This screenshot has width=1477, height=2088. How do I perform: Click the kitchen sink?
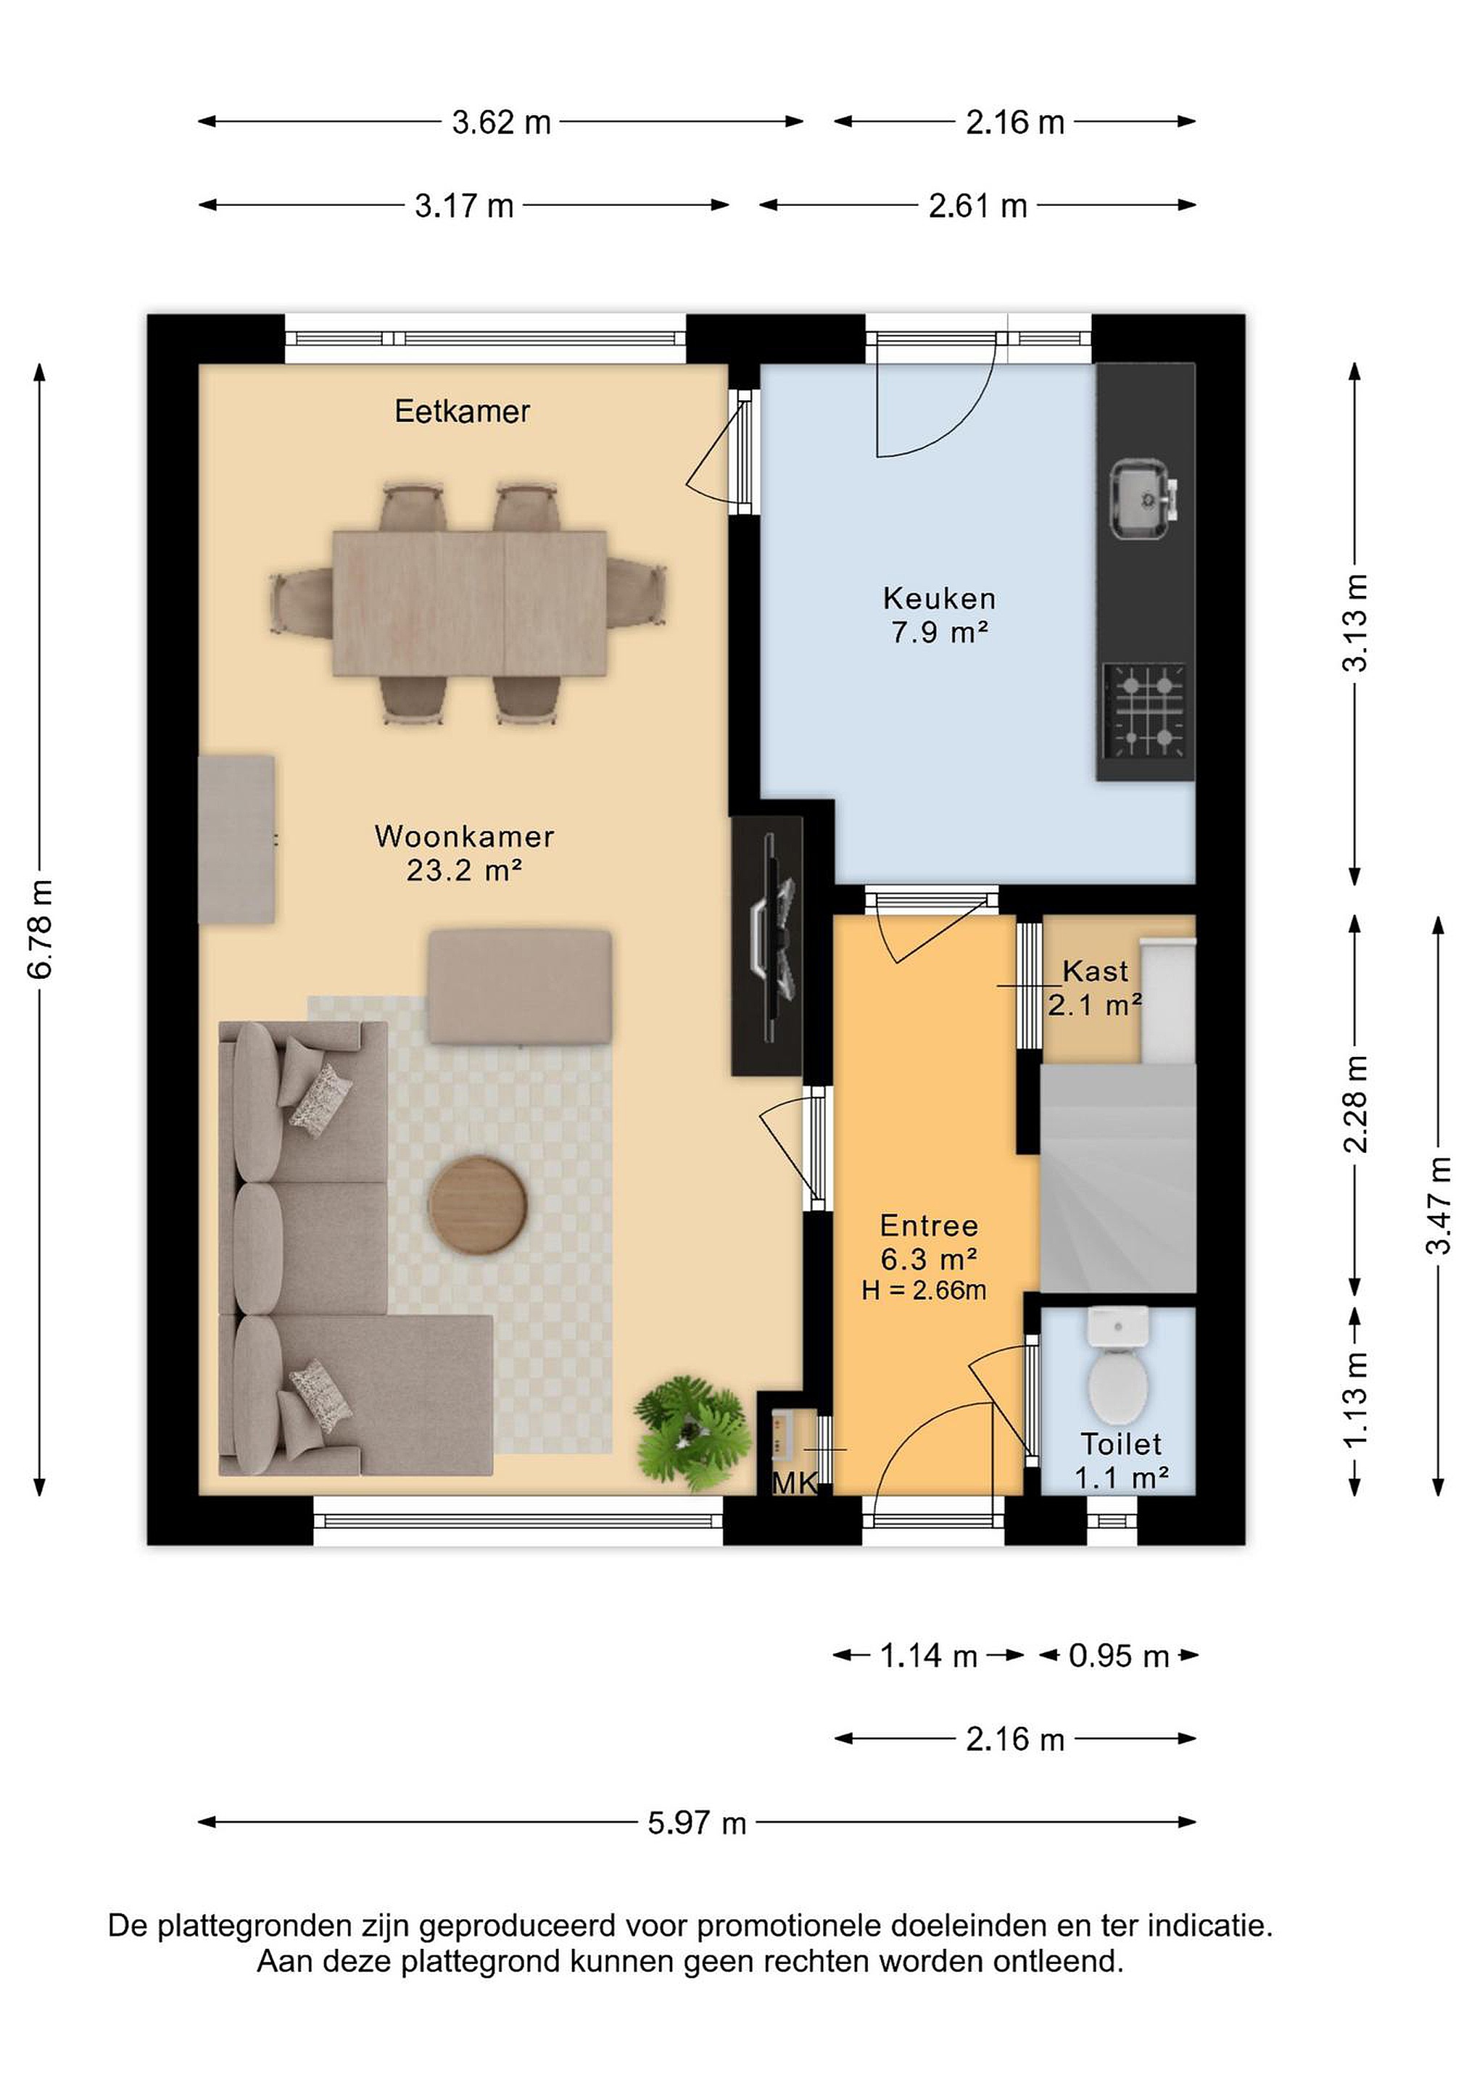1144,500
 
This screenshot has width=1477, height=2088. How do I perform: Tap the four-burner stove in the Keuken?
1145,710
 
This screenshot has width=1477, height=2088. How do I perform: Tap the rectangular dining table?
469,604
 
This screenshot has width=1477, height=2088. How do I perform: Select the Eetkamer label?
462,412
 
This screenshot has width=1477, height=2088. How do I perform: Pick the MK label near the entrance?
794,1483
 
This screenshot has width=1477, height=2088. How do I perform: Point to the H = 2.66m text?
924,1290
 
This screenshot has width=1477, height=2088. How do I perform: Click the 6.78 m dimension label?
41,929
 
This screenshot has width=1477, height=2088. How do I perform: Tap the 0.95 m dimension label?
1119,1656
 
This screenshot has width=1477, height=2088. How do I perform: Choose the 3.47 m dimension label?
1439,1205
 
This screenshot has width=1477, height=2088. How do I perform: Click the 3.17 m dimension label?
464,205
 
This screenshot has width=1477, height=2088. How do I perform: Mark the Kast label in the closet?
1095,971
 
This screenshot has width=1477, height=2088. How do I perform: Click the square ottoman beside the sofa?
520,987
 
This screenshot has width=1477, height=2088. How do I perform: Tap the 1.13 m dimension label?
1355,1401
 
